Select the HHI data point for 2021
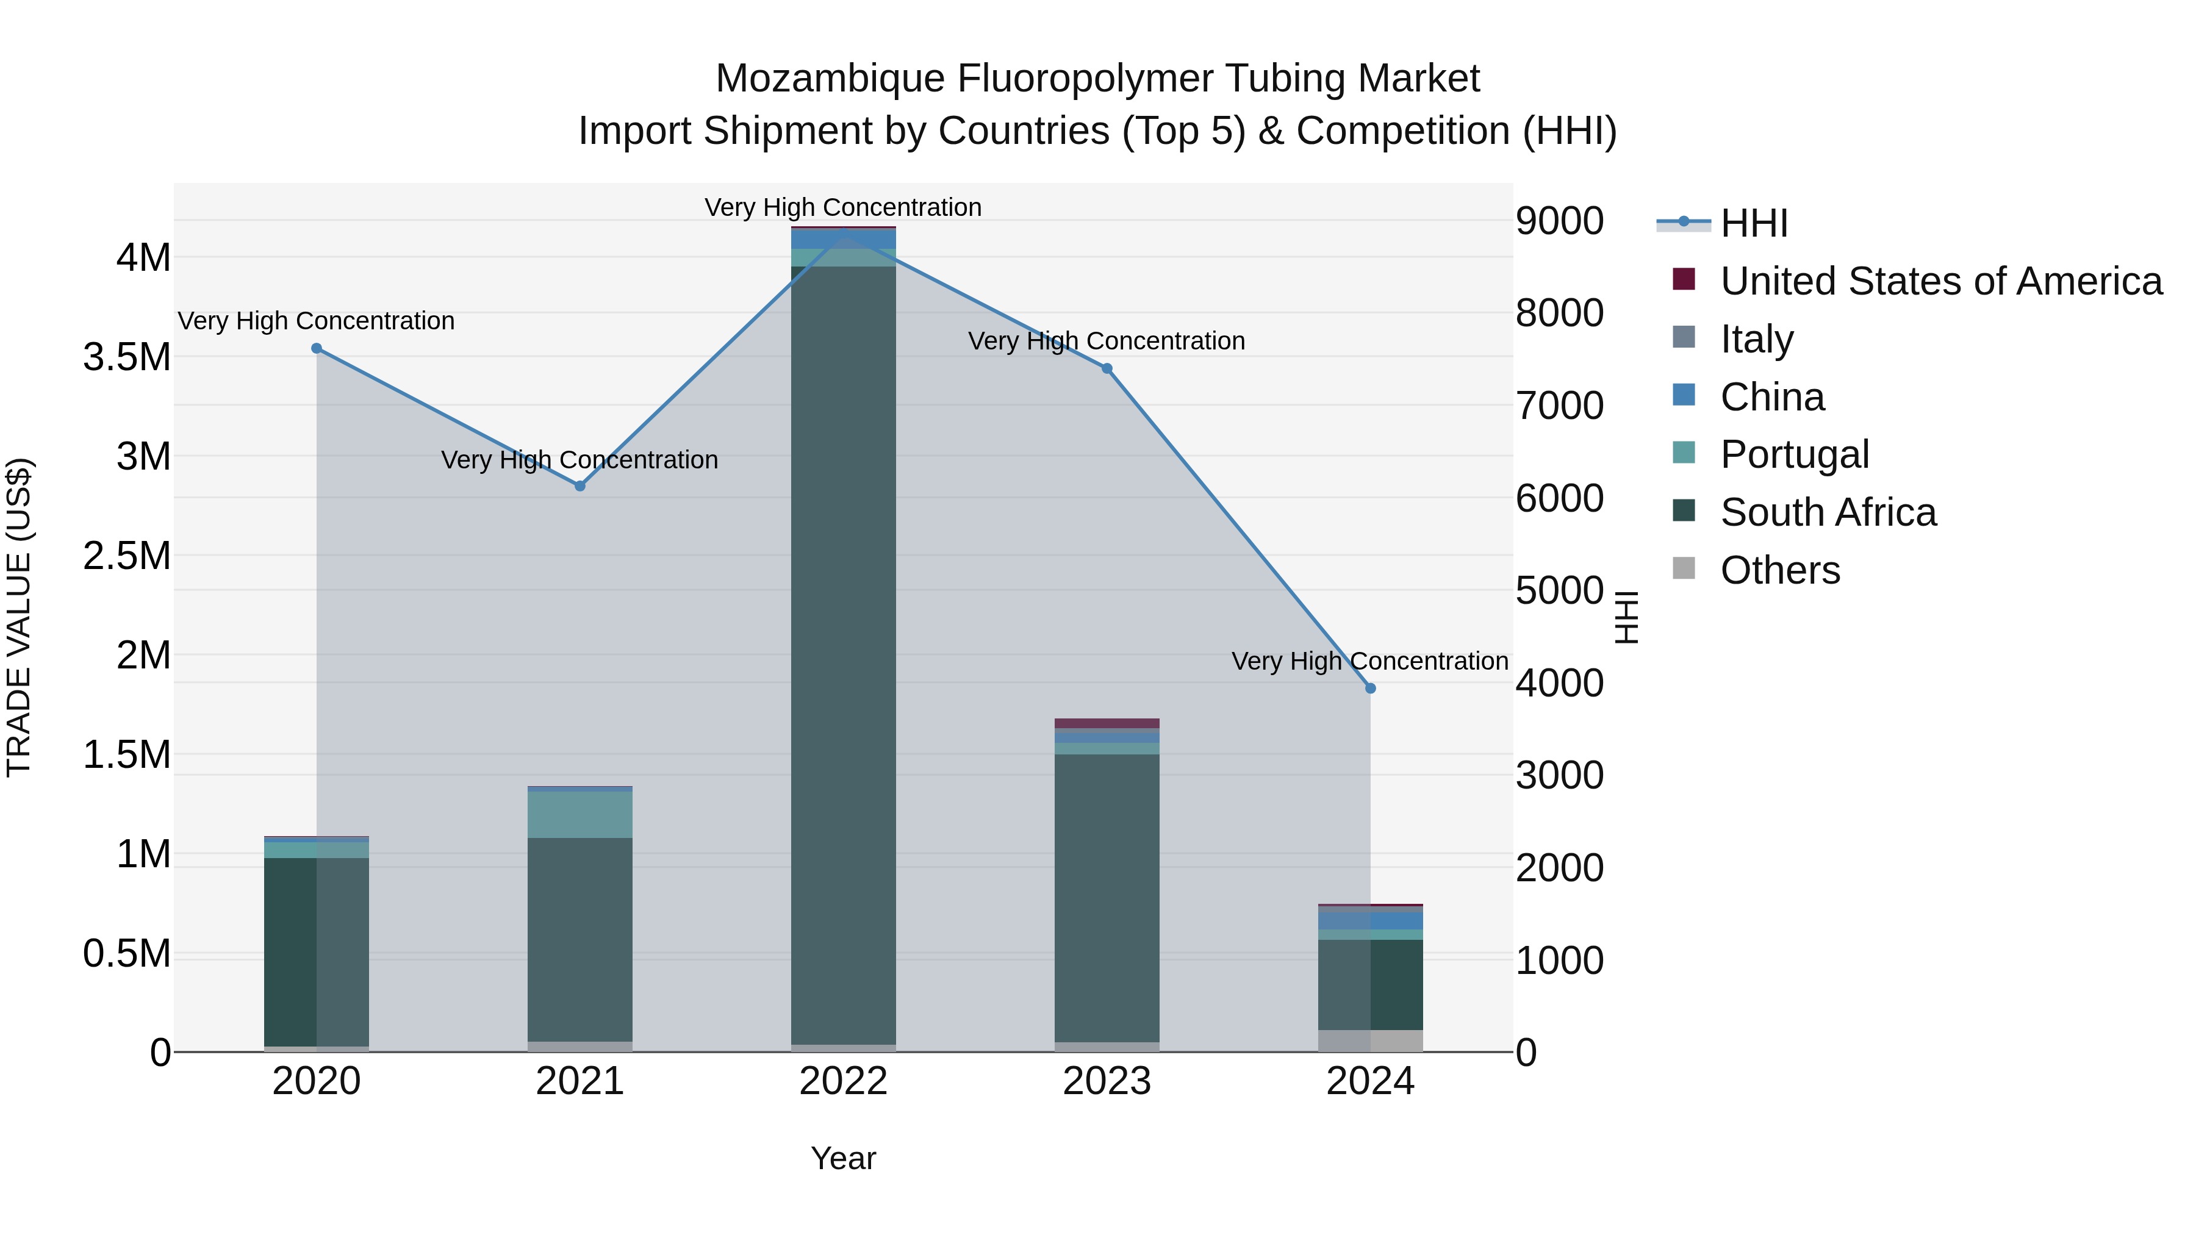579,486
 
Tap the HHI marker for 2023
1107,368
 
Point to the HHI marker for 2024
1370,688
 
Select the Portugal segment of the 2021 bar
579,815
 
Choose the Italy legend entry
1756,339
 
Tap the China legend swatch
1684,395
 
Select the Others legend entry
1779,570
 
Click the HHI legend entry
1754,223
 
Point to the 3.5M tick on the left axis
127,357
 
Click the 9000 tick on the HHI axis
1559,221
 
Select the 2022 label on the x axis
843,1081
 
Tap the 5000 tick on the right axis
1559,590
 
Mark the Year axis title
843,1158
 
